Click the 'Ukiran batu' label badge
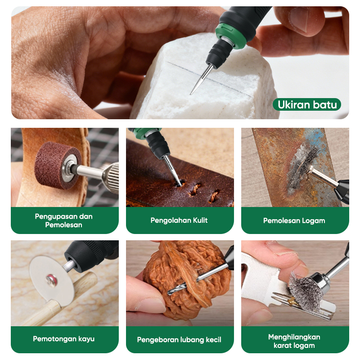point(307,104)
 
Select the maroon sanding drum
point(58,165)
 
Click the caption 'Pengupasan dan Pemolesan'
point(63,220)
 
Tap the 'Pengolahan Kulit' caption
point(179,220)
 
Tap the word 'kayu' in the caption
point(86,339)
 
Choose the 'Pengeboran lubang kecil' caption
point(179,340)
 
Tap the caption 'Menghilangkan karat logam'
point(294,341)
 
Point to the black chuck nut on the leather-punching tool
point(158,144)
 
